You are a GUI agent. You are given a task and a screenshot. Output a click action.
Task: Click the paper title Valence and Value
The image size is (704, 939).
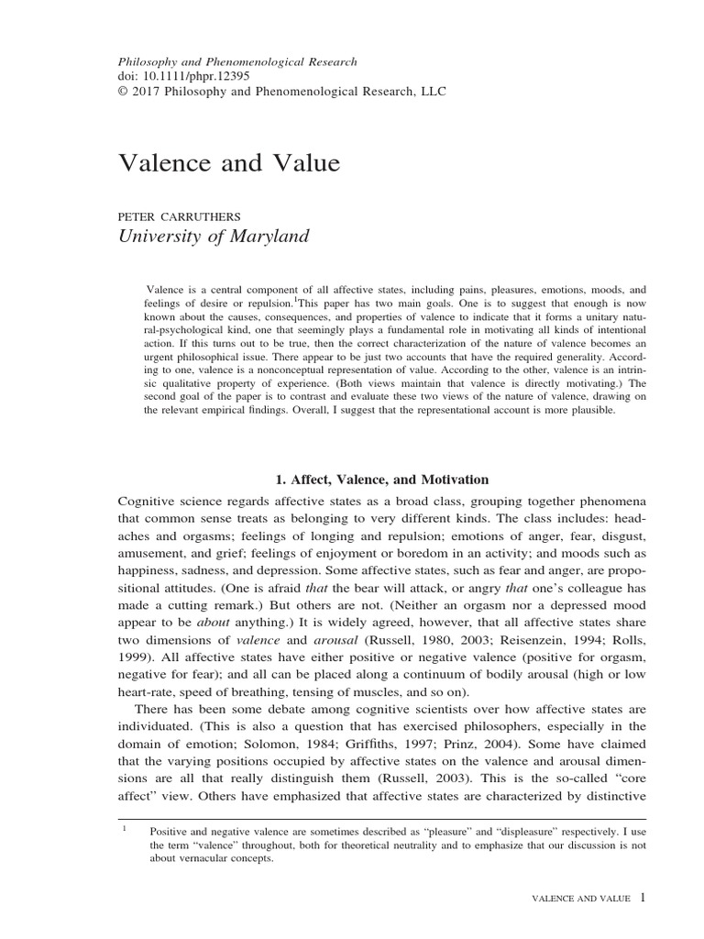click(x=229, y=163)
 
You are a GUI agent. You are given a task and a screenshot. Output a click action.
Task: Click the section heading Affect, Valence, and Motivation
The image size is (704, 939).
click(x=382, y=480)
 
